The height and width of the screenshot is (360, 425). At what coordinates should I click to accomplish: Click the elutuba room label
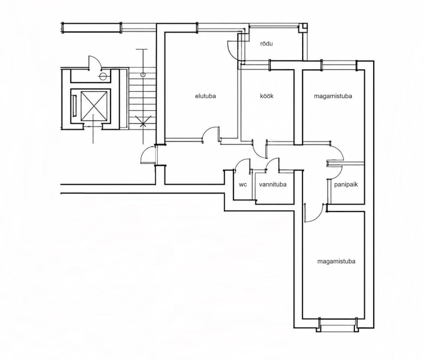click(206, 96)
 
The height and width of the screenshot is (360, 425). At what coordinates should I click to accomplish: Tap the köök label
click(267, 96)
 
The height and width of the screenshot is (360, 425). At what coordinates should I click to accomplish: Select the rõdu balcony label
click(266, 44)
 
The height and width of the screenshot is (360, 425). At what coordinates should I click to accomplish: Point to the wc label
click(243, 184)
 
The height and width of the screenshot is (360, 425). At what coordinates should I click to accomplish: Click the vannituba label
click(273, 184)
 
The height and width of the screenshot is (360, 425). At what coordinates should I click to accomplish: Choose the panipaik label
click(346, 184)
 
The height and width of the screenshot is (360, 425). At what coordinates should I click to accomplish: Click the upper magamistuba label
click(333, 96)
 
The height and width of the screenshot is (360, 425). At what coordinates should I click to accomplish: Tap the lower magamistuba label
click(336, 261)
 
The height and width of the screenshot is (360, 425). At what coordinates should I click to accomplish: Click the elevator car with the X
click(94, 106)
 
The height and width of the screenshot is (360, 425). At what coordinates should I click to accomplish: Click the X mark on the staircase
click(143, 121)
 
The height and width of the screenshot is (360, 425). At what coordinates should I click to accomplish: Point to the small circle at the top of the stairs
click(143, 74)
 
